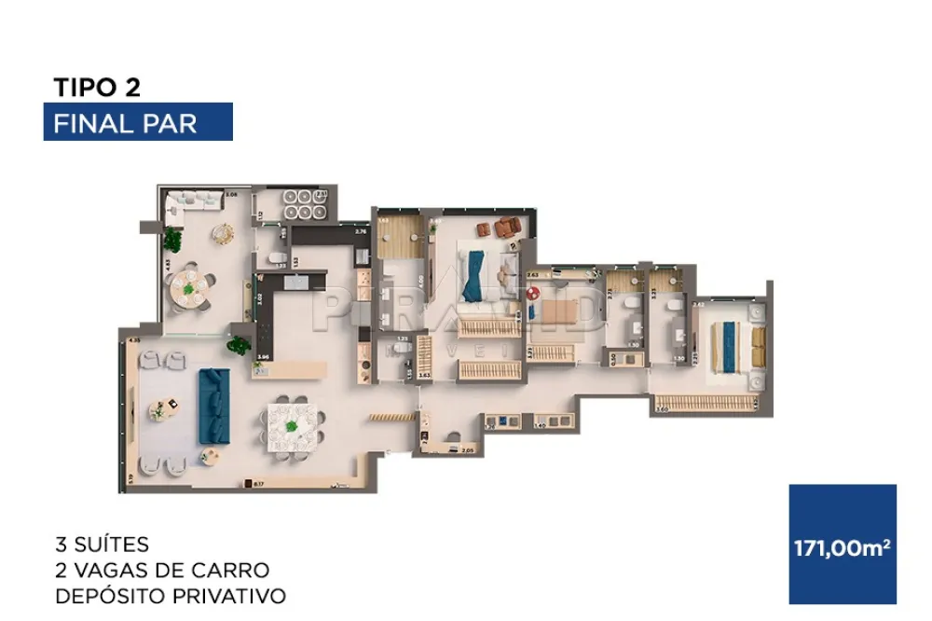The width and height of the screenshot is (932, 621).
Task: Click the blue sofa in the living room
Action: coord(214,407)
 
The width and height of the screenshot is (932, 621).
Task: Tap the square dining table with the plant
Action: coord(293,426)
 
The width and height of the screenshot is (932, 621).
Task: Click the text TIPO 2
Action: coord(97,88)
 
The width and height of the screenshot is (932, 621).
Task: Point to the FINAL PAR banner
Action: coord(138,123)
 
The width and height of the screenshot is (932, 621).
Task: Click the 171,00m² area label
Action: coord(842,547)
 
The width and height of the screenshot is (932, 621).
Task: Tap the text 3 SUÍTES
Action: coord(102,544)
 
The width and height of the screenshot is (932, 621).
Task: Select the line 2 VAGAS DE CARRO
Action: coord(161,570)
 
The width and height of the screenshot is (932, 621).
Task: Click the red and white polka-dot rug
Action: coord(532,292)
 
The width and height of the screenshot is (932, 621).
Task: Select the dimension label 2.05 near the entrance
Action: coord(469,450)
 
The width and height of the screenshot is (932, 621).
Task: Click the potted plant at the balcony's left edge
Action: coord(171,240)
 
